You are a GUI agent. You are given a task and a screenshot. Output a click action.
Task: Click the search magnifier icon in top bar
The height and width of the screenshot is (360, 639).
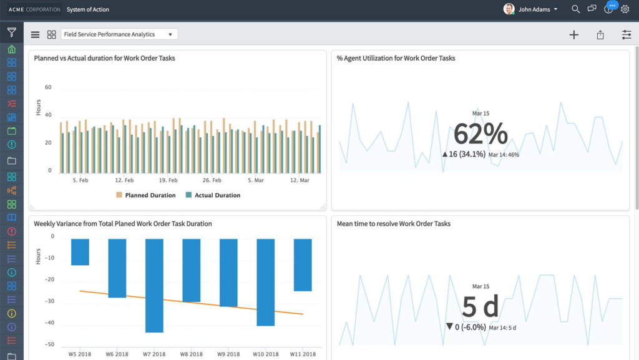click(x=575, y=9)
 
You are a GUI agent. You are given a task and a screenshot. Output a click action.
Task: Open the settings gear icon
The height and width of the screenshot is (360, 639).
click(x=625, y=9)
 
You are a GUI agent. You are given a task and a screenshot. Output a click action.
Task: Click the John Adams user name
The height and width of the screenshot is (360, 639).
click(x=534, y=9)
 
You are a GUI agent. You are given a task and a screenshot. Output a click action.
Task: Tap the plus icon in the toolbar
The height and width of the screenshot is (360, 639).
click(x=574, y=35)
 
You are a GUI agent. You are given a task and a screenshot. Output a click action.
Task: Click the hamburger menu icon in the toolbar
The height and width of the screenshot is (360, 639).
click(x=35, y=35)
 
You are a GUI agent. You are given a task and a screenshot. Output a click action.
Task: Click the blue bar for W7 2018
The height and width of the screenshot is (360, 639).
click(x=154, y=285)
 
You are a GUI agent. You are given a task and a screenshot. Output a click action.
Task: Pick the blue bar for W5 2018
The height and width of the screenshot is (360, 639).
click(x=80, y=251)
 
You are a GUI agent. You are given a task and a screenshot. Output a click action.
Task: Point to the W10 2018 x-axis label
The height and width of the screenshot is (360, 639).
click(x=266, y=354)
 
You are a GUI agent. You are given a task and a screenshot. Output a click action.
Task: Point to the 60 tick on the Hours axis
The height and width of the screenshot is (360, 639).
click(x=48, y=87)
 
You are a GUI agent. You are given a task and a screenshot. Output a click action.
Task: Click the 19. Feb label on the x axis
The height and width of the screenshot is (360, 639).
click(x=168, y=180)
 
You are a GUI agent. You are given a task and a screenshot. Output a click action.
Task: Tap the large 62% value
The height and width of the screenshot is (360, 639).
click(x=480, y=134)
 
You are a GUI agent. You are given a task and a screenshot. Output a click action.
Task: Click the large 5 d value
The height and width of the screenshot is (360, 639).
click(x=480, y=306)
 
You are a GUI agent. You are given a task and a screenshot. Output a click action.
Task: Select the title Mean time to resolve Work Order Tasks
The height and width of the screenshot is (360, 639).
click(x=393, y=223)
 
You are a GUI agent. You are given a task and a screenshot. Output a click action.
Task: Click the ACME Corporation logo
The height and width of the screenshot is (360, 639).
click(x=34, y=9)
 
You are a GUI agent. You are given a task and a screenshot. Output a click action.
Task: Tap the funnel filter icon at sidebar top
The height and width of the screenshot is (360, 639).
click(x=11, y=32)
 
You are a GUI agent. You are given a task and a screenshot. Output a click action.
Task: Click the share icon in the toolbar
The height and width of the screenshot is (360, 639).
click(x=600, y=35)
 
